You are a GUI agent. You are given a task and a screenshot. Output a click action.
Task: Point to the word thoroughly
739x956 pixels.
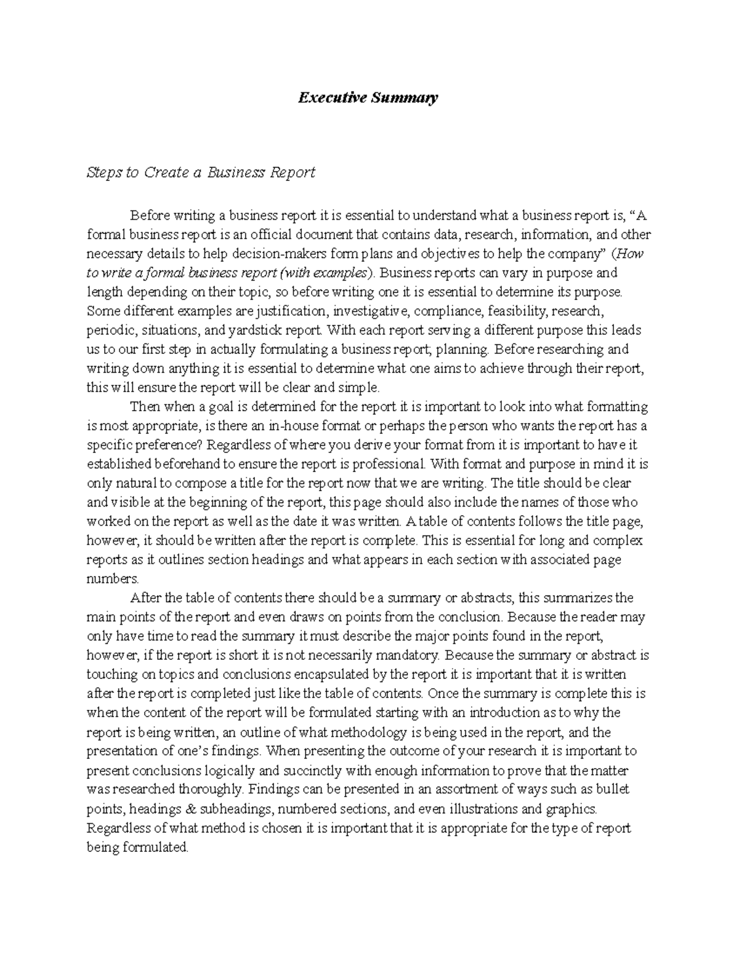(211, 789)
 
